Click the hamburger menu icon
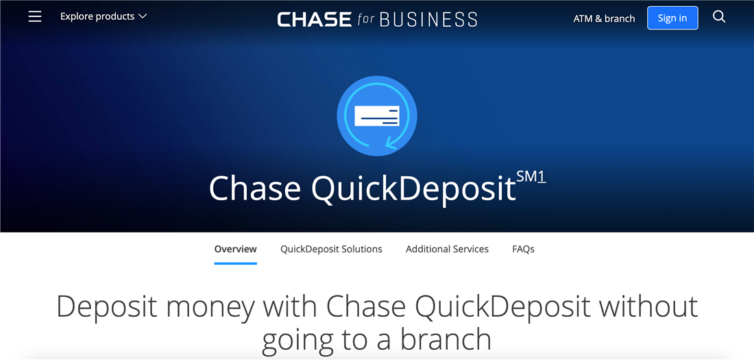tap(35, 16)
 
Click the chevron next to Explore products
tap(143, 16)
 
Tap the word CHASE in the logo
tap(314, 19)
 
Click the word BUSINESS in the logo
tap(428, 19)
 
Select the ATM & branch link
tap(604, 19)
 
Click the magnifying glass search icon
tap(718, 17)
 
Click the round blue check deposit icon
tap(377, 116)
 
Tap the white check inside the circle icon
tap(377, 116)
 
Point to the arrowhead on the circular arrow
tap(390, 143)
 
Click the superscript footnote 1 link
tap(542, 177)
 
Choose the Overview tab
tap(235, 250)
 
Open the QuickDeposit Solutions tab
tap(331, 250)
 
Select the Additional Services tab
tap(447, 250)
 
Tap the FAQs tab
tap(523, 250)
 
